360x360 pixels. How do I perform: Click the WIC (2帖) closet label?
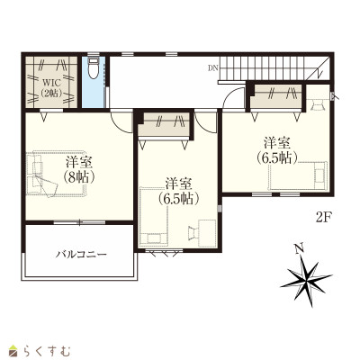[51, 87]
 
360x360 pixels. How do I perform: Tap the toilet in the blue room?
[94, 68]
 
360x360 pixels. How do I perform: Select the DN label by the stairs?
[213, 68]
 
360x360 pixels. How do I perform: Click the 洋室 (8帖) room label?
[79, 170]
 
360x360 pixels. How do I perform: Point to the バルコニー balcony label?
[81, 255]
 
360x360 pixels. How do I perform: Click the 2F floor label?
[323, 217]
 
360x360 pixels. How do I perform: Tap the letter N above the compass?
[298, 248]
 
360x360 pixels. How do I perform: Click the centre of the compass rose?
[306, 281]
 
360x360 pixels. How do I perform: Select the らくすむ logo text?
[47, 351]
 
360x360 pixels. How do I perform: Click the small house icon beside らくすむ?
[13, 350]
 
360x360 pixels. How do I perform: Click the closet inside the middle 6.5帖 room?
[165, 124]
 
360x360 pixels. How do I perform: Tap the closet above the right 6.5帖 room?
[276, 95]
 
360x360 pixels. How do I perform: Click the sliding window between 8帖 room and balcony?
[79, 222]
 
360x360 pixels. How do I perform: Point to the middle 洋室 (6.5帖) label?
[179, 192]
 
